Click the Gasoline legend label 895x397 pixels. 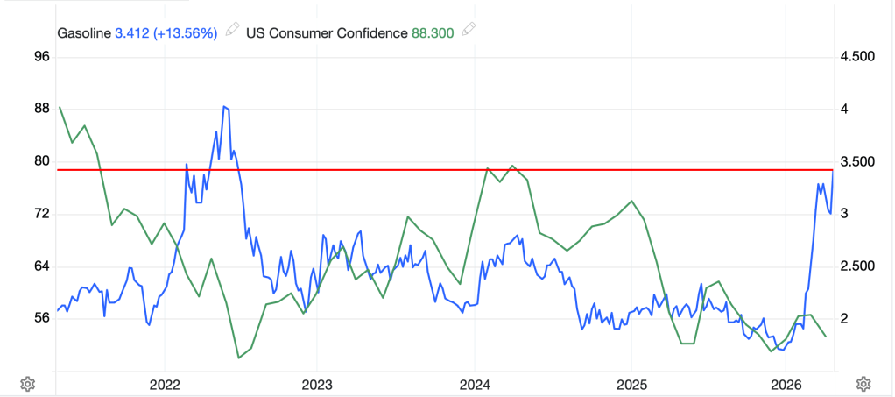[x=84, y=33]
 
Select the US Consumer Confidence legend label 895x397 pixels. [x=327, y=33]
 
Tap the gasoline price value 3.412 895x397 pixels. [x=132, y=33]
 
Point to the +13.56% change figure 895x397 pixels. [x=186, y=33]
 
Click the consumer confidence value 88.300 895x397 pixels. [x=434, y=33]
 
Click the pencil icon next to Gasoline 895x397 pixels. [x=231, y=32]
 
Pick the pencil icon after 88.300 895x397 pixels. [x=469, y=32]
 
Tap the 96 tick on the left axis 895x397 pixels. [x=41, y=57]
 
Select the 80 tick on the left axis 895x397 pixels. [x=41, y=161]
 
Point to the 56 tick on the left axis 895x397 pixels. [x=41, y=318]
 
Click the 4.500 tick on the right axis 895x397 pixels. [x=856, y=57]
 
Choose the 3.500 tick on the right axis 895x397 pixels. [x=856, y=162]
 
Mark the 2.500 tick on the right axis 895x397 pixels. [x=856, y=266]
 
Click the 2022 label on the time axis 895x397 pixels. [x=165, y=385]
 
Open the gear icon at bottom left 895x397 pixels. [x=28, y=384]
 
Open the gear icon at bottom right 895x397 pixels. [x=863, y=384]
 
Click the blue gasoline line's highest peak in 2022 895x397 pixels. [x=225, y=107]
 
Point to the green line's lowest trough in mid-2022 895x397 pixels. [x=238, y=358]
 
